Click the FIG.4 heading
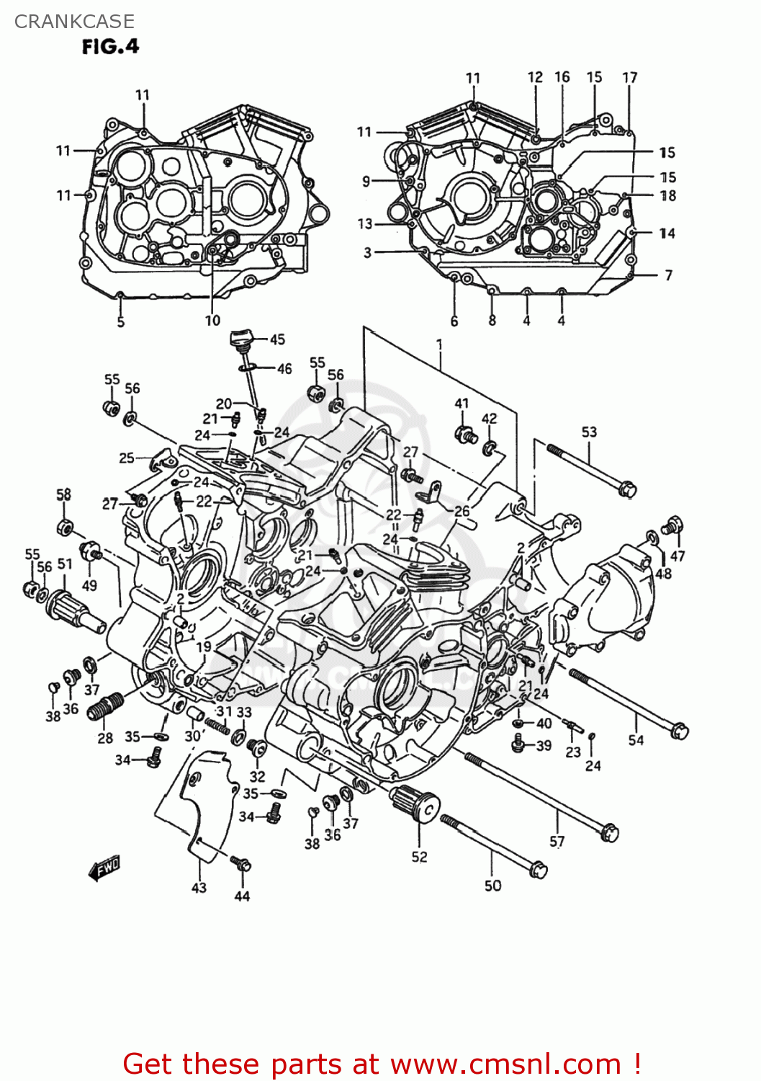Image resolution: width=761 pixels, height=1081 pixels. tap(109, 47)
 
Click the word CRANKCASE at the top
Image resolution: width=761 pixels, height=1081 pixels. tap(74, 22)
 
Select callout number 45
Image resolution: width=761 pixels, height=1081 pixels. tap(277, 339)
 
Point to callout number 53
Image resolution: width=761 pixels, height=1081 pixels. tap(589, 432)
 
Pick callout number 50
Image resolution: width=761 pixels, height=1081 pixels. tap(492, 886)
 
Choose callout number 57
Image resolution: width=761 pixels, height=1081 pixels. tap(557, 841)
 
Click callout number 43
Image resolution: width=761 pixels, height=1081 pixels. tap(199, 888)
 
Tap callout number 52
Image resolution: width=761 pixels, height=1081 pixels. tap(419, 857)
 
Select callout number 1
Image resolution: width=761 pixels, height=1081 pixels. tap(439, 345)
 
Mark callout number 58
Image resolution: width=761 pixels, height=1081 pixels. tap(64, 494)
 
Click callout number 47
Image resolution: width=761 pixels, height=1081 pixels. tap(677, 556)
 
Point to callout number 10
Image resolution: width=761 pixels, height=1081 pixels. tap(212, 321)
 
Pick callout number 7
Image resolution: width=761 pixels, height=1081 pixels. tap(668, 275)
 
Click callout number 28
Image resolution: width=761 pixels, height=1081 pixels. tap(105, 738)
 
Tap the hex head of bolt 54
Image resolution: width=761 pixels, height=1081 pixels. tap(679, 731)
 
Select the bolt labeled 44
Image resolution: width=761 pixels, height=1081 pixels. tap(240, 863)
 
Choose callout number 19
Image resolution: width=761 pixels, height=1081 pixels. tap(204, 646)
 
